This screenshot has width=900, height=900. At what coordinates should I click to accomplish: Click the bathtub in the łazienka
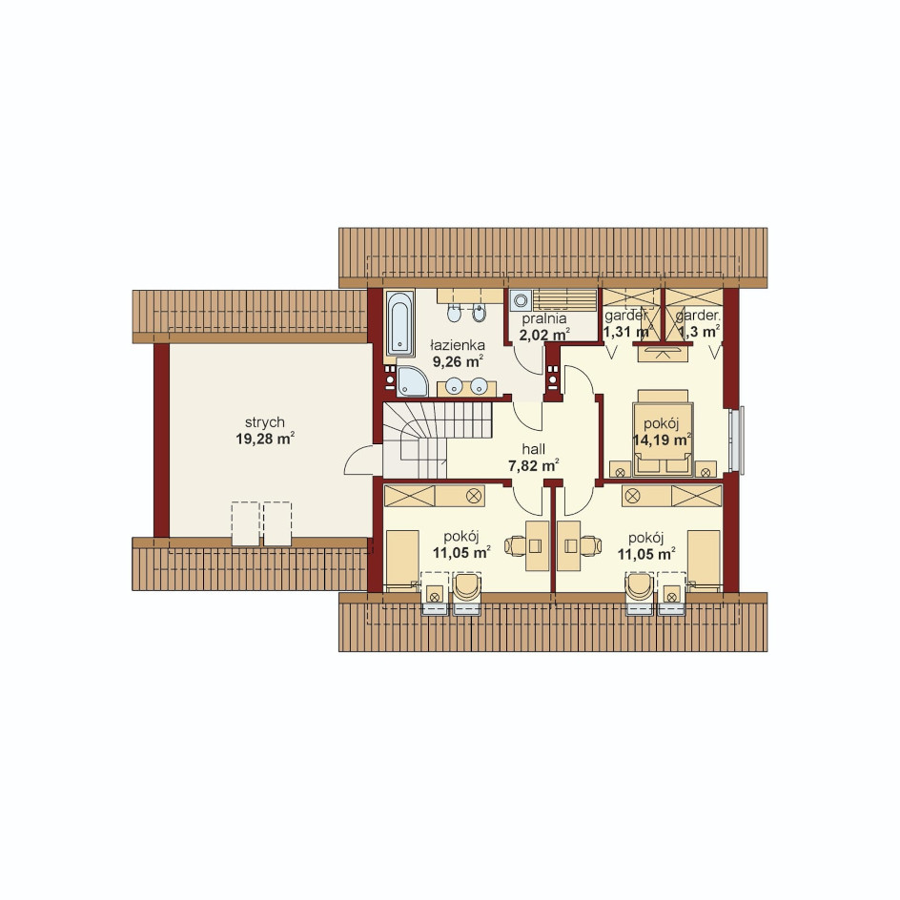coord(399,324)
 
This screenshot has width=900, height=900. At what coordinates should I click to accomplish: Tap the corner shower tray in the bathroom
coord(412,380)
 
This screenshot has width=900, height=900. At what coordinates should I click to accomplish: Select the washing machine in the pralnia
coord(521,300)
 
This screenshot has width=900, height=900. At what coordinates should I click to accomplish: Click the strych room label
coord(265,422)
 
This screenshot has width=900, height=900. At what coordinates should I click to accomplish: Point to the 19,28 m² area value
coord(265,440)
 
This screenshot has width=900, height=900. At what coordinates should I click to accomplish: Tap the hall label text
coord(534,449)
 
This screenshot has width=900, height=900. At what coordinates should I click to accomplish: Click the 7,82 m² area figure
coord(534,465)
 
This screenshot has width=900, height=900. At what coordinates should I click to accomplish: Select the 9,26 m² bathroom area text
coord(458,361)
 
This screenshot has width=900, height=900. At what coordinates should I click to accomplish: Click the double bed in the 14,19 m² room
coord(663,434)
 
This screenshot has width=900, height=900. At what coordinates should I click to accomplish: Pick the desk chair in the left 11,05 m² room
coord(516,545)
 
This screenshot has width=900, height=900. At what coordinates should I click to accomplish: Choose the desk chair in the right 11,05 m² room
coord(591,545)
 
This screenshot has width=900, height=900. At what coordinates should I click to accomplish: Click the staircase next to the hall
coord(438,440)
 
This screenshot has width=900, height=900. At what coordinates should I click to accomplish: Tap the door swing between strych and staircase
coord(359,460)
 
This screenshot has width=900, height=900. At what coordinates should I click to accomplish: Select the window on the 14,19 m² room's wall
coord(737,440)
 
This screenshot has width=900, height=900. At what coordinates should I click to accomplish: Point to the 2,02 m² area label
coord(544,335)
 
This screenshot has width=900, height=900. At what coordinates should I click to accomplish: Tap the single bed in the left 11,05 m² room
coord(402,561)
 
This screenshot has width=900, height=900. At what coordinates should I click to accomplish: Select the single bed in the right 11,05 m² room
coord(704,561)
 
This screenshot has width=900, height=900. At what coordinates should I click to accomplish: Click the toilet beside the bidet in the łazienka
coord(454,314)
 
